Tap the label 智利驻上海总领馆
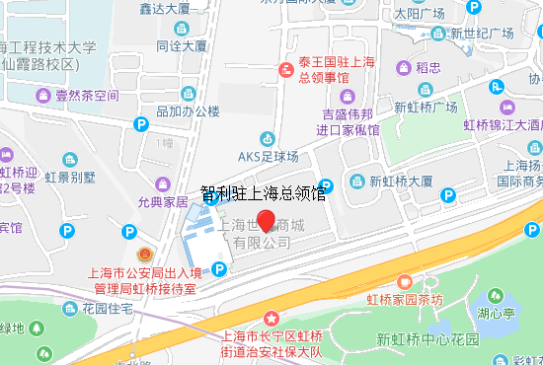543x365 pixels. (263, 193)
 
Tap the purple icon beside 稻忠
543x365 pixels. (403, 68)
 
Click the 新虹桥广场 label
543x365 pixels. (426, 107)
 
